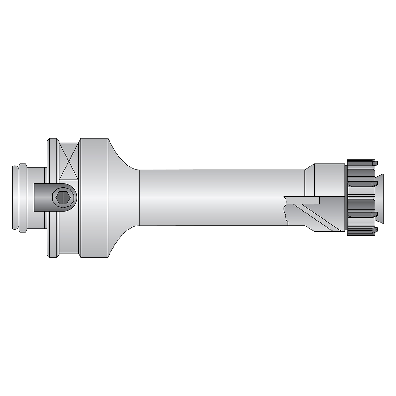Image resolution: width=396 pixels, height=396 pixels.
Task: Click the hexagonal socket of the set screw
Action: point(64,197)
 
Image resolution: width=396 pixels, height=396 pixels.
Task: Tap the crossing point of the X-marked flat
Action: point(68,161)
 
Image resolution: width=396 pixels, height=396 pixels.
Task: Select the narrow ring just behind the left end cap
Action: point(23,197)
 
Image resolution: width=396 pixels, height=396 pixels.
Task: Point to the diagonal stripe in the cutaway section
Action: point(319,217)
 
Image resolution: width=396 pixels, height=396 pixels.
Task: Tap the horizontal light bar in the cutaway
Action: point(303,200)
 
